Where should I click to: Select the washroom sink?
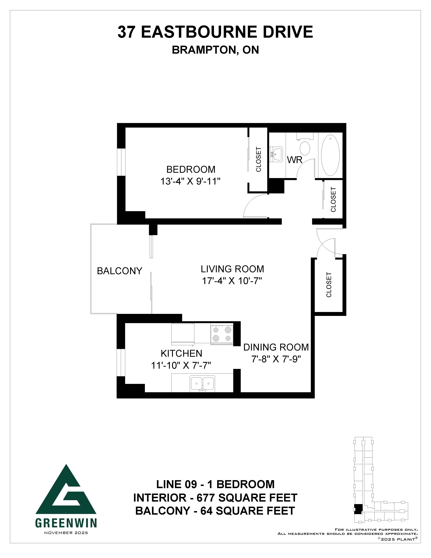276,154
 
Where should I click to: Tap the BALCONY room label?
120,271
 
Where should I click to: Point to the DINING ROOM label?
276,347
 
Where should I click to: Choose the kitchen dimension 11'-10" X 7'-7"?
181,366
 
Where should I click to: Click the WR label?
295,160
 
